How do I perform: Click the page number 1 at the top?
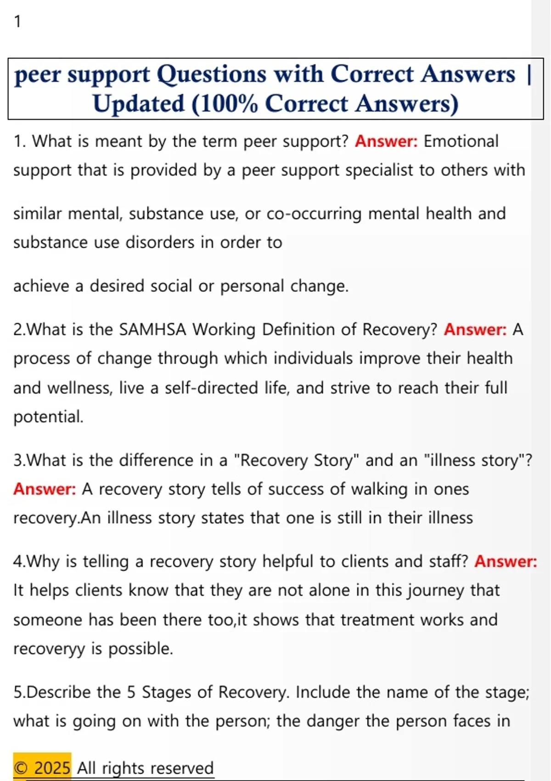[17, 22]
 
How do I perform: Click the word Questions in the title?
[212, 74]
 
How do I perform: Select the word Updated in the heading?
[139, 104]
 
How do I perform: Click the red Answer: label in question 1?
[386, 141]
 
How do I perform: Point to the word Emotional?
[461, 141]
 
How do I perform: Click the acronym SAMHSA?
[152, 329]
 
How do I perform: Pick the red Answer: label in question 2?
[475, 329]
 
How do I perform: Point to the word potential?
[48, 417]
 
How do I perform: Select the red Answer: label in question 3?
[45, 489]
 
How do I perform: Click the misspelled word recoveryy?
[49, 649]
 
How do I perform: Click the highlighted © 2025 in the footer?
[42, 768]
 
